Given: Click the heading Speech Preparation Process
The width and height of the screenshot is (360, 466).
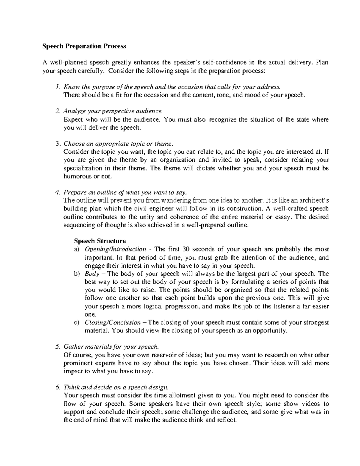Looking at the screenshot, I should pyautogui.click(x=84, y=46).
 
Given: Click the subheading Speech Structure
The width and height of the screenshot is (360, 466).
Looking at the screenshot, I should pyautogui.click(x=100, y=241).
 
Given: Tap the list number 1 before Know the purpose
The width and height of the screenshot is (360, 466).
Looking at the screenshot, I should pyautogui.click(x=58, y=87).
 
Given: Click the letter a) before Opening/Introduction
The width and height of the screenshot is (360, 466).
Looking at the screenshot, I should pyautogui.click(x=77, y=249).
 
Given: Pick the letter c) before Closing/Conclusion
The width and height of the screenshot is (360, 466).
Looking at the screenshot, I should pyautogui.click(x=77, y=323).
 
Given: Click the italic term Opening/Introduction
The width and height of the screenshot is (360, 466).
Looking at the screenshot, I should pyautogui.click(x=115, y=249).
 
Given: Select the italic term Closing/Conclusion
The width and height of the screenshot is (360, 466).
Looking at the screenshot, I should pyautogui.click(x=113, y=323).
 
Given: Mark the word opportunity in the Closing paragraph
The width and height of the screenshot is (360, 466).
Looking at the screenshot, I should pyautogui.click(x=270, y=331).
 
